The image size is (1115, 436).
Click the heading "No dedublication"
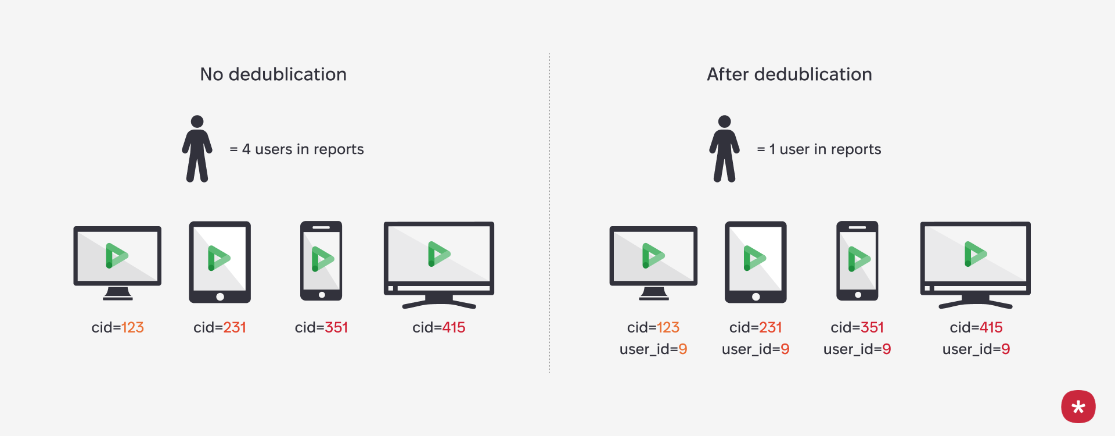(273, 74)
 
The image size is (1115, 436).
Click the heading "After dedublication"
(789, 74)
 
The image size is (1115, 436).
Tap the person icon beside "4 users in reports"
(197, 149)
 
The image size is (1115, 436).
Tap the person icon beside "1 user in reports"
(724, 149)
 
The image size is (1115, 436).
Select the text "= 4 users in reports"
(297, 149)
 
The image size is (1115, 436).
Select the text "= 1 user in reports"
(819, 149)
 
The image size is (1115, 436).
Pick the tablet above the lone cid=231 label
(220, 262)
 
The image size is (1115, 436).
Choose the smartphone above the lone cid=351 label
(321, 260)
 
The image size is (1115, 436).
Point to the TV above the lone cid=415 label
(439, 262)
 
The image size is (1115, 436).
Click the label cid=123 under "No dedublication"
(117, 327)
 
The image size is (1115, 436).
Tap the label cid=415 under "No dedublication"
(439, 327)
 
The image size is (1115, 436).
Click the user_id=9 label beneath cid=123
(653, 349)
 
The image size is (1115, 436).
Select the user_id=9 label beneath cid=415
(976, 349)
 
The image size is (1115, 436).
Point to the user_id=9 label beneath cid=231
(756, 349)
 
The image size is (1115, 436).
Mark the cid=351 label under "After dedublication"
(857, 327)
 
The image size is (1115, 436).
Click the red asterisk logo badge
(1078, 406)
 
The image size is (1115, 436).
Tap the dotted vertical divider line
(549, 215)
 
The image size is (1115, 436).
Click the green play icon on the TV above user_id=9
(975, 254)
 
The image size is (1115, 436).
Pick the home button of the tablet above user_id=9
(756, 296)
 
